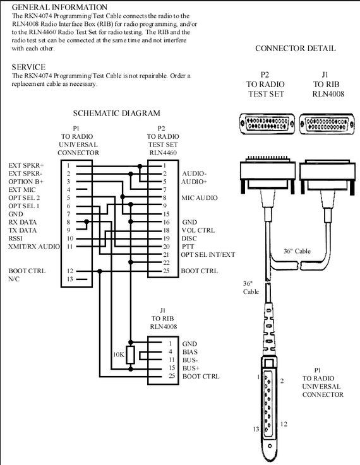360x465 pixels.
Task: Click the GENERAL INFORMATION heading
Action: pos(59,7)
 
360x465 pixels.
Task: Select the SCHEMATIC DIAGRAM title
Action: pos(117,114)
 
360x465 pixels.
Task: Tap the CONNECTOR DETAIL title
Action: pos(296,49)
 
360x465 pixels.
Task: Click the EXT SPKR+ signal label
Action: pos(26,165)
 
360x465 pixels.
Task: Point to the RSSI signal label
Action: pos(15,238)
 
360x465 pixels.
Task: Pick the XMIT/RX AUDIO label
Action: pos(34,247)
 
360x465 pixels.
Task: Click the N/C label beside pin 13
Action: pos(14,279)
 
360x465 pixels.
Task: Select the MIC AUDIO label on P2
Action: pos(200,198)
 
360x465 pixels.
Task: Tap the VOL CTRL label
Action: pos(198,230)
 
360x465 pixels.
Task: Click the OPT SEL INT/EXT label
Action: pos(208,255)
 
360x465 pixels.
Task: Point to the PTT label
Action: pos(188,247)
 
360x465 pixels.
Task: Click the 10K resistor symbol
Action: pos(130,355)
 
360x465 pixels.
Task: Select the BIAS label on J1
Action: pos(190,352)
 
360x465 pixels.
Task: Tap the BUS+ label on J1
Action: pos(191,368)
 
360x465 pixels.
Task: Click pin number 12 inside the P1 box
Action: pos(69,271)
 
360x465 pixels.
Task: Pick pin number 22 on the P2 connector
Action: pos(166,262)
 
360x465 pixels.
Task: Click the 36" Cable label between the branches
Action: pos(297,251)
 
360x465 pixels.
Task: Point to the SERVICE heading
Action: pos(28,67)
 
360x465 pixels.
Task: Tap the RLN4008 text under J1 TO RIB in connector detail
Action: pos(328,94)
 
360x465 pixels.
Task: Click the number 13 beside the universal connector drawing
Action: pos(256,429)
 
